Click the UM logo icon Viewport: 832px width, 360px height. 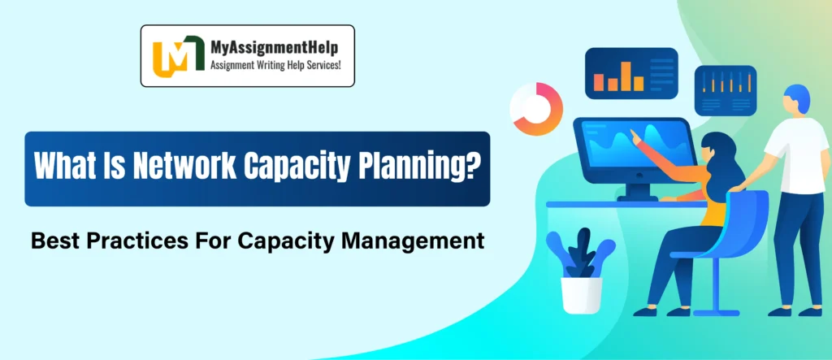click(x=173, y=55)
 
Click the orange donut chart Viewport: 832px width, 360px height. click(x=535, y=109)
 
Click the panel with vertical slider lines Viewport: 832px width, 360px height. click(x=726, y=89)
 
